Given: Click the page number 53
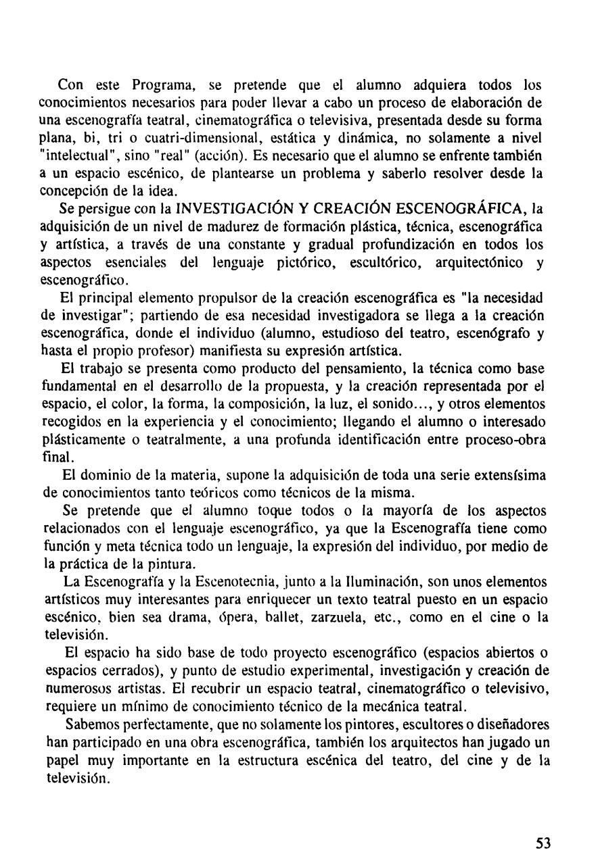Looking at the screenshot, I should (x=543, y=843).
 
